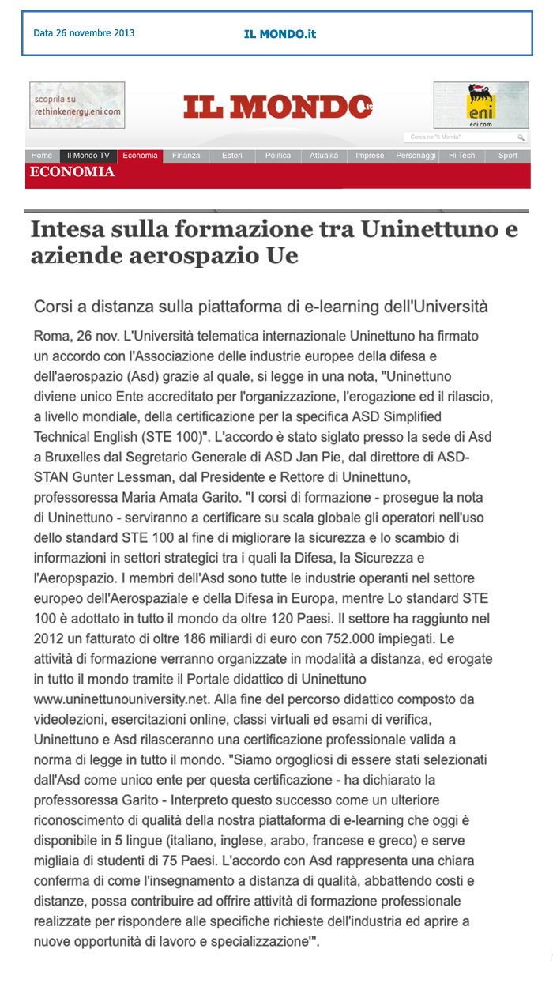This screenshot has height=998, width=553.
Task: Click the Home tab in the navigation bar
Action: click(42, 156)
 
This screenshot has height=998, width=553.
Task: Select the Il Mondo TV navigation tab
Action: click(88, 156)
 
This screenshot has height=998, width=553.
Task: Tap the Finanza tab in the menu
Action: click(186, 156)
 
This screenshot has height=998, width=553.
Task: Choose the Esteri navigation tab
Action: click(232, 156)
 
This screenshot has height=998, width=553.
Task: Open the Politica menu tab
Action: click(278, 156)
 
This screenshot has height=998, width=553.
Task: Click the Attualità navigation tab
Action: click(324, 156)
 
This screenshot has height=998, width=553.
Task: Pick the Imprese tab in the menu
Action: click(370, 156)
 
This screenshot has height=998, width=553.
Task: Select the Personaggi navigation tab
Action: click(416, 156)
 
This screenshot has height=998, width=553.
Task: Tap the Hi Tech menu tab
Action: click(462, 156)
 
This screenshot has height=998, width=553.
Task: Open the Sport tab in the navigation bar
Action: click(508, 156)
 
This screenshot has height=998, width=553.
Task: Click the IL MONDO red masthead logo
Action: click(278, 107)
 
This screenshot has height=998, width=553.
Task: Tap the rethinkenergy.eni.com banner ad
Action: click(77, 105)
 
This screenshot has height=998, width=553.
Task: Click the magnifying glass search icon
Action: click(521, 137)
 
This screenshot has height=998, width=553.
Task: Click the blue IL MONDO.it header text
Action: click(280, 34)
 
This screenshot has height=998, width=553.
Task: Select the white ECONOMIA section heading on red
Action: click(72, 172)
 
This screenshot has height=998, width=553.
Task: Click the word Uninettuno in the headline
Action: click(440, 230)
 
